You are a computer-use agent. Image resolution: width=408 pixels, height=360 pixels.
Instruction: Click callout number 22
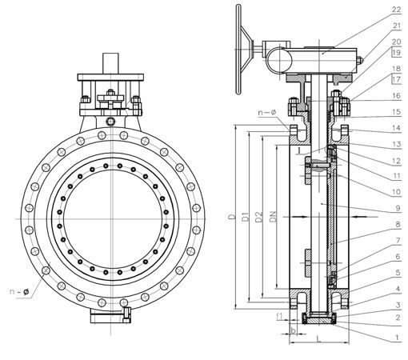click(397, 10)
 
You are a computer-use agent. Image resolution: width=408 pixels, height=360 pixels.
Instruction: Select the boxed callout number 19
click(397, 52)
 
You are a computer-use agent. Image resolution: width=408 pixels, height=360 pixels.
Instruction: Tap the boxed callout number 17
click(397, 79)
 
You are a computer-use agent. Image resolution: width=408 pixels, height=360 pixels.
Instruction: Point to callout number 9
click(398, 208)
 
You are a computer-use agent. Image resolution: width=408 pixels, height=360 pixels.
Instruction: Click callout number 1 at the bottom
click(398, 338)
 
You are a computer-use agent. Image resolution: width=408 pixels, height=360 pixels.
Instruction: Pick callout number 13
click(397, 144)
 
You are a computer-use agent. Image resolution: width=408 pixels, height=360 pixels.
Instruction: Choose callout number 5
click(398, 273)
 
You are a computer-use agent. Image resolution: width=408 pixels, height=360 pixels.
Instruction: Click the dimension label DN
click(274, 216)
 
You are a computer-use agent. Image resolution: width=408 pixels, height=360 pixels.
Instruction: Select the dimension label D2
click(259, 217)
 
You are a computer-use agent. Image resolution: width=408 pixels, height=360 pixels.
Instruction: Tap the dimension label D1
click(246, 216)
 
